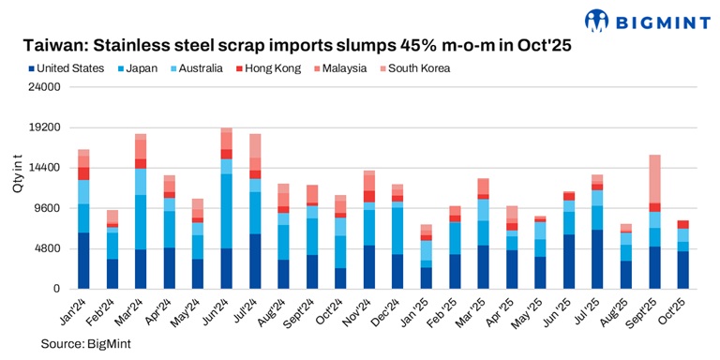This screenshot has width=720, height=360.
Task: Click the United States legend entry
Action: click(x=66, y=67)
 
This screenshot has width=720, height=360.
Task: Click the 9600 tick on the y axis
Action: click(x=49, y=208)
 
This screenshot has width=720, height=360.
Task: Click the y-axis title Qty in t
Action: click(x=18, y=175)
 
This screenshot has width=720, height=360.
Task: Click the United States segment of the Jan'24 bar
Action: click(x=83, y=261)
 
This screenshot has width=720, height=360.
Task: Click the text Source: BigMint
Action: click(x=85, y=344)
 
